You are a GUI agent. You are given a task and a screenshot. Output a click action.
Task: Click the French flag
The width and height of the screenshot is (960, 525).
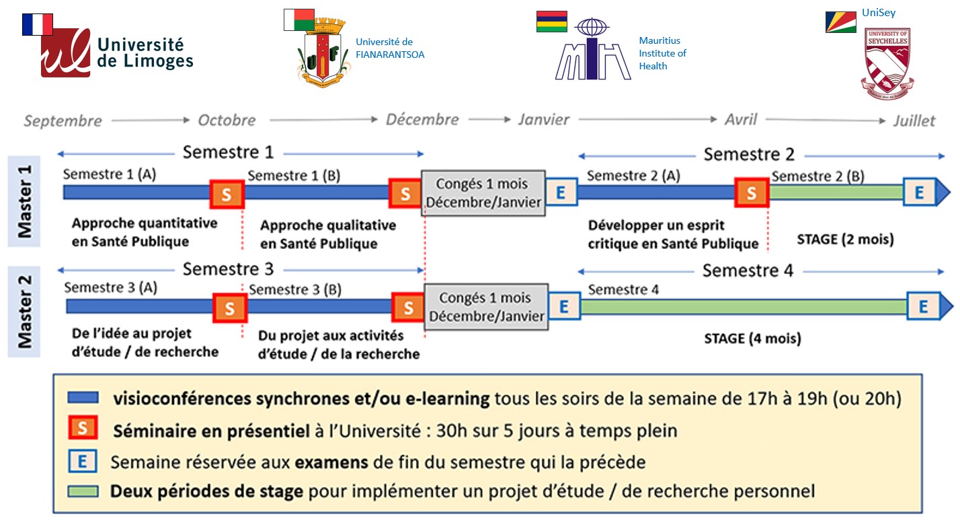38,24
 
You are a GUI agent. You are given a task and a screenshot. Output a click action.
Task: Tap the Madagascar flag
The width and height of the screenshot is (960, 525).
299,20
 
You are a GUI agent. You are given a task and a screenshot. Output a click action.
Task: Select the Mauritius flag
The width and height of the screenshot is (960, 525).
552,22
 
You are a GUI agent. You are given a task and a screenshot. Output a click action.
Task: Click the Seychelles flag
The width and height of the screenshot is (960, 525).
841,22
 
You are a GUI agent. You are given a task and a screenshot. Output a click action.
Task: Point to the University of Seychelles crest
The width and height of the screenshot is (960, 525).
887,64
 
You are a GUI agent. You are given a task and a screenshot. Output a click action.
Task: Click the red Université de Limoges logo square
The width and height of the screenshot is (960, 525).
66,53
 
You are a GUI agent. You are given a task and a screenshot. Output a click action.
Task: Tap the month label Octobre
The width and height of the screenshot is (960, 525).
227,120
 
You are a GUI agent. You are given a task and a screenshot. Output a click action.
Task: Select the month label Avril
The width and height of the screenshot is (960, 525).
741,119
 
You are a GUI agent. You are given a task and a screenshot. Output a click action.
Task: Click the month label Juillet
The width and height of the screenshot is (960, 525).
914,121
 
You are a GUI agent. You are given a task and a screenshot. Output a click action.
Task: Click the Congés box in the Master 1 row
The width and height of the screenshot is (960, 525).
483,193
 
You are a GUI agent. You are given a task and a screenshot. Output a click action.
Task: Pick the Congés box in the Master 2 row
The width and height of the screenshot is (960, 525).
487,307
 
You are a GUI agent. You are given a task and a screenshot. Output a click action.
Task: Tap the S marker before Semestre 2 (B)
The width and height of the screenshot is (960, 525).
752,193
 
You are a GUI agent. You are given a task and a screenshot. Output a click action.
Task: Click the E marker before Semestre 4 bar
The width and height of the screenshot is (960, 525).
565,306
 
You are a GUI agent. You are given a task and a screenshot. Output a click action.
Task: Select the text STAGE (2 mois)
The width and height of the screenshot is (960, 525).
845,240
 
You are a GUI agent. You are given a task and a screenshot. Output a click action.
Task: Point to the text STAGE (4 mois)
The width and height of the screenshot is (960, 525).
752,339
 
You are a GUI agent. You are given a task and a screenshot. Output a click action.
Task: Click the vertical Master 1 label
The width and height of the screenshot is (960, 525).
24,202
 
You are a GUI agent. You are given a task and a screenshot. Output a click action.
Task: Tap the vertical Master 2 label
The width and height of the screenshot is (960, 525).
24,312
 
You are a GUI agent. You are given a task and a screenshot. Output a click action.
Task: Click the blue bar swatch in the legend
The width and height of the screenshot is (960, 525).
83,398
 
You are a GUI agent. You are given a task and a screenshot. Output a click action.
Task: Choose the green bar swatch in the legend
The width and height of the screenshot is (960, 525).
83,491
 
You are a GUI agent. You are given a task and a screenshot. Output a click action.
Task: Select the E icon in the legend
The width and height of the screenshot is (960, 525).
82,462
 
